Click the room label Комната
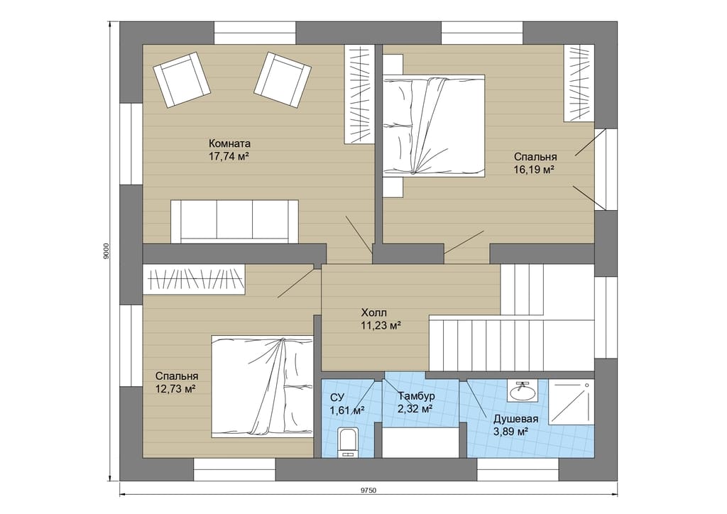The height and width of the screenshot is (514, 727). [229, 143]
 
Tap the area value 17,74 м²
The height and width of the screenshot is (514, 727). [229, 155]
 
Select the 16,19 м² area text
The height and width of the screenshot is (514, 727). [535, 169]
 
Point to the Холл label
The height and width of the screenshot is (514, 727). [373, 312]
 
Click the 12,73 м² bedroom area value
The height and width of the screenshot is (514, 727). [177, 388]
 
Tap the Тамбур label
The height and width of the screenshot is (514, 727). [416, 396]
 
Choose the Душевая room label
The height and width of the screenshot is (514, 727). [515, 420]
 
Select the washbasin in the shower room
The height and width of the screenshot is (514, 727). [523, 392]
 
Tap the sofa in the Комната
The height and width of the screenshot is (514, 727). [234, 222]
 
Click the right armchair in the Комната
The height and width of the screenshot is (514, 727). [283, 80]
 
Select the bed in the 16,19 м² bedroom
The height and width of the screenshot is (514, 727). [434, 126]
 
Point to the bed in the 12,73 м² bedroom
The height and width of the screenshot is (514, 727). [263, 386]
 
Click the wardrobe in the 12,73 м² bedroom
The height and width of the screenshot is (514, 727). [195, 279]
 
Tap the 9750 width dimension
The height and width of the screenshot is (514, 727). [369, 491]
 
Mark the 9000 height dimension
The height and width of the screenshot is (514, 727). [106, 251]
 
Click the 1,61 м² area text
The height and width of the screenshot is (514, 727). [346, 410]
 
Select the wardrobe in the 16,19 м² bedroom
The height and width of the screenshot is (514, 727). [579, 84]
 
